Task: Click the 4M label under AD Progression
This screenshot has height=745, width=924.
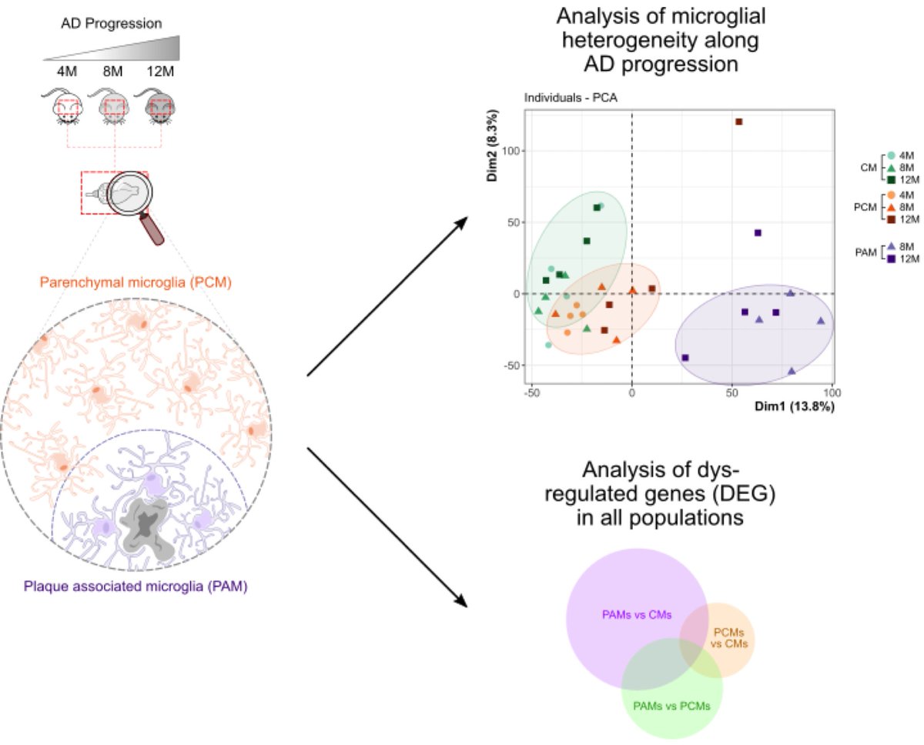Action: [x=67, y=72]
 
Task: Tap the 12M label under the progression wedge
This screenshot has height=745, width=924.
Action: [x=161, y=72]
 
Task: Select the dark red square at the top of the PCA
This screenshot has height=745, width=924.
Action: [x=738, y=122]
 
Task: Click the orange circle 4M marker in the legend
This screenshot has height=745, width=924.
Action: [x=891, y=195]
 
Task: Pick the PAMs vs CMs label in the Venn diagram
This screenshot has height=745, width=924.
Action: [x=636, y=614]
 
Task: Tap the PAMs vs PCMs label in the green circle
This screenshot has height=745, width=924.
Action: [x=671, y=705]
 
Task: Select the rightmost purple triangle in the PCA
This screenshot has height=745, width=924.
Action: [x=821, y=321]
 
